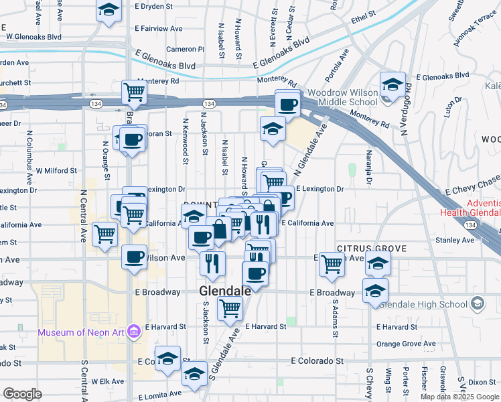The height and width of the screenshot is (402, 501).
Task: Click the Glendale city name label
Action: (225, 291)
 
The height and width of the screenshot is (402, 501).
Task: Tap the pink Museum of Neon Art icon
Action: (133, 332)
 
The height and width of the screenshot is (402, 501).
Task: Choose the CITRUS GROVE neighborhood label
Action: (372, 249)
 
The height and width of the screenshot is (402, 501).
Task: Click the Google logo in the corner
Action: (22, 394)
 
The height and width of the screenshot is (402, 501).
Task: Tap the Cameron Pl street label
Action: (185, 49)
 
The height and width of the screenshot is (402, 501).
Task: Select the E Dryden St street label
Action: (159, 6)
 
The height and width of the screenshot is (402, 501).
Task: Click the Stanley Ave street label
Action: (454, 239)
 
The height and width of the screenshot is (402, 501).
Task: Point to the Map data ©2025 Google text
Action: (459, 397)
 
